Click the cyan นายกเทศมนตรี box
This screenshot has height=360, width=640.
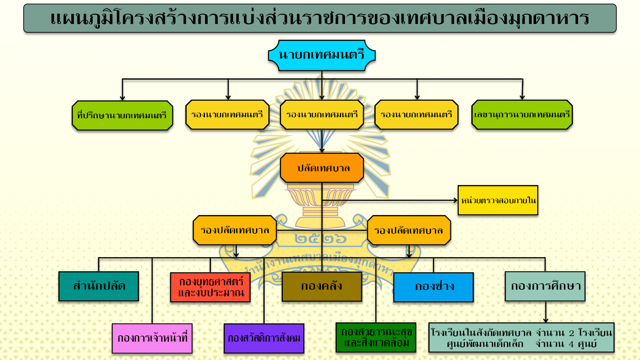tap(322, 55)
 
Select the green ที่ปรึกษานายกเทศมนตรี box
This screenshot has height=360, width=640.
tap(122, 115)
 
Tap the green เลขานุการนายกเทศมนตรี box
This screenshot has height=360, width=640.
tap(522, 115)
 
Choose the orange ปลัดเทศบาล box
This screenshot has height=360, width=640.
tap(322, 168)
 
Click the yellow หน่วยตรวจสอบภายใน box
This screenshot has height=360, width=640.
tap(498, 200)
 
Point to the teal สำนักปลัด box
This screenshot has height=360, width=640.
tap(99, 286)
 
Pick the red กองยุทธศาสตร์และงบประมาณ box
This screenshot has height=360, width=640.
tap(210, 287)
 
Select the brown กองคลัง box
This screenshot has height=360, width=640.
tap(322, 287)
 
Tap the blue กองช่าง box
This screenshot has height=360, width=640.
tap(434, 287)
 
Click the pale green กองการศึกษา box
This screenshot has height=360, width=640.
tap(545, 286)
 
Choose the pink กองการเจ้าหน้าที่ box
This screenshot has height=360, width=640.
tap(152, 338)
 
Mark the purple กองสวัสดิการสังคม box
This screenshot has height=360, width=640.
tap(264, 338)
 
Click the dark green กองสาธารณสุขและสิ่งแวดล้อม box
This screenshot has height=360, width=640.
tap(376, 337)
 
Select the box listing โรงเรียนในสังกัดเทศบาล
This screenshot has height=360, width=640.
tap(521, 337)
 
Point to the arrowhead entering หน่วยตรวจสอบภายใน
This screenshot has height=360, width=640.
tap(456, 200)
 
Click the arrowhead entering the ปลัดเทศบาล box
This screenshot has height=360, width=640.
tap(322, 150)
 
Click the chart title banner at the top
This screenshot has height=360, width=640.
tap(320, 18)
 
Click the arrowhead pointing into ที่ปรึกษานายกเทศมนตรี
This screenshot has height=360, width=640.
tap(122, 98)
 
